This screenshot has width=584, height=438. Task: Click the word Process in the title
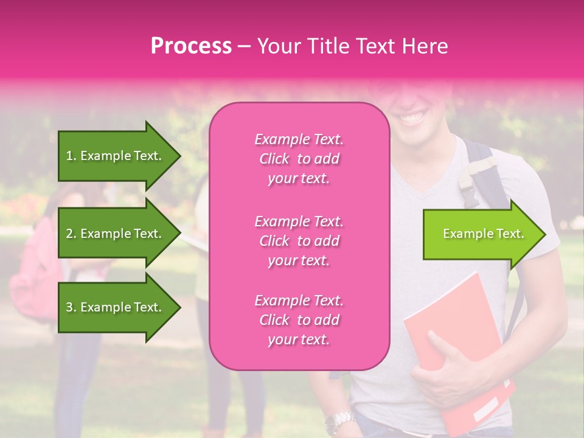pos(191,46)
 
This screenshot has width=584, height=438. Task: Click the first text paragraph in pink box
pos(299,159)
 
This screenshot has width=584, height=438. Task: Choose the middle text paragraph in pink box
pos(299,241)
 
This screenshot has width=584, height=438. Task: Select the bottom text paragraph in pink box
pos(299,320)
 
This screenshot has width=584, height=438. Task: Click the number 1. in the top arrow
pos(71,156)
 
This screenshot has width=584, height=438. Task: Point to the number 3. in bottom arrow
pos(71,307)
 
